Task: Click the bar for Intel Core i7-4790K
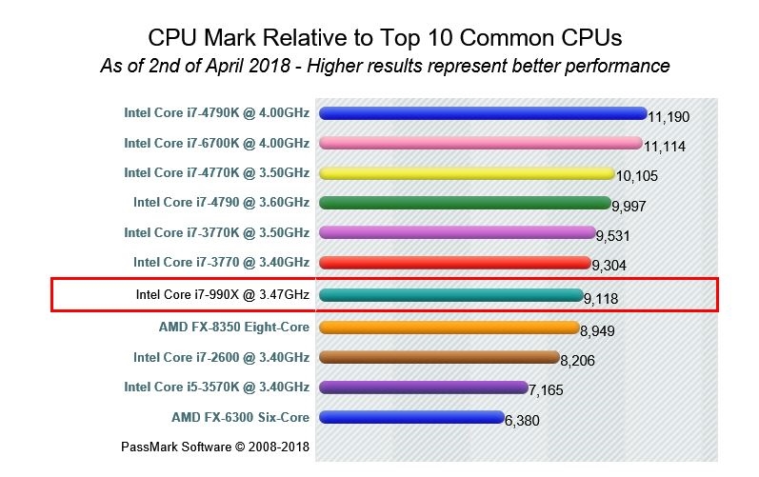483,113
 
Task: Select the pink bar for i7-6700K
481,143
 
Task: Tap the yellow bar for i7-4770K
467,173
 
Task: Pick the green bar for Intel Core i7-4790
465,203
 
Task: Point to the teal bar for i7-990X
450,295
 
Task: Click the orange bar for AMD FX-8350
449,328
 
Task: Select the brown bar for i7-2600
439,357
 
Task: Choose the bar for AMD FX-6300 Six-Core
411,417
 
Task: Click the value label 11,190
669,117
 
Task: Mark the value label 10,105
637,177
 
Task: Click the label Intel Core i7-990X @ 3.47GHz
223,295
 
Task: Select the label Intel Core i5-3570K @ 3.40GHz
216,387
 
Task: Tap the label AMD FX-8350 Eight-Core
233,327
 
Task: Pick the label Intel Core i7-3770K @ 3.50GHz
216,232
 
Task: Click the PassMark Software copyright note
215,446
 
